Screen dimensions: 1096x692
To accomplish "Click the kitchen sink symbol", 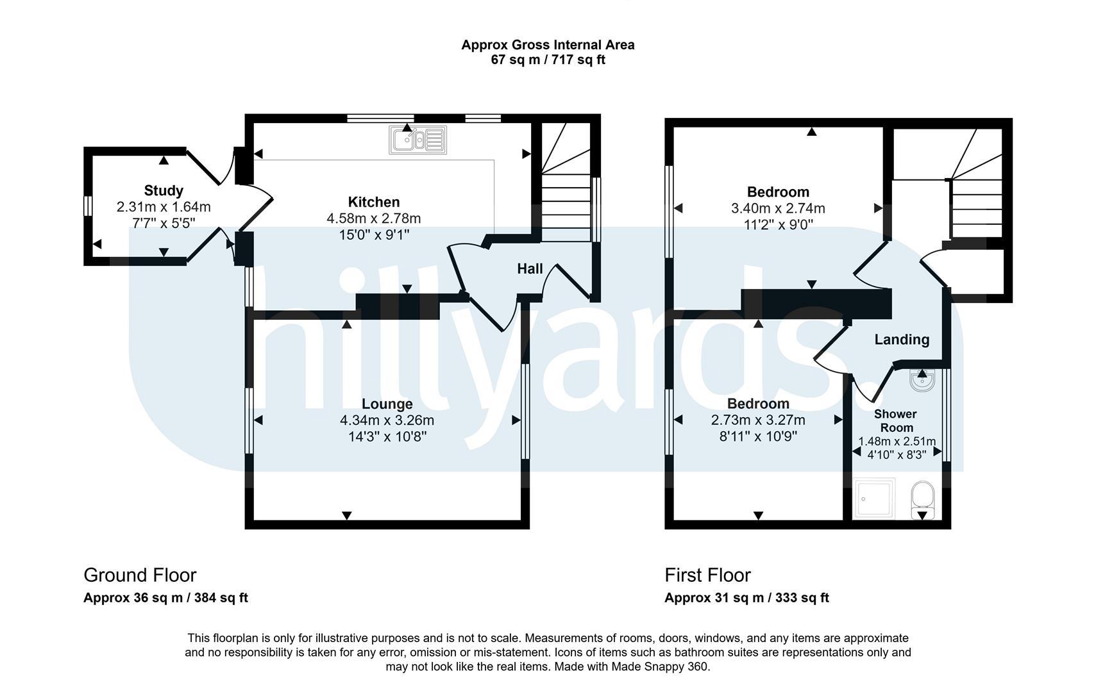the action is [x=417, y=140].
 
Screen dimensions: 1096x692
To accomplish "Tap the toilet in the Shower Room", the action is [x=923, y=499].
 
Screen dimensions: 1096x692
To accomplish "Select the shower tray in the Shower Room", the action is [x=874, y=498].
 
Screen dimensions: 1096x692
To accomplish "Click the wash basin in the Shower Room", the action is [x=922, y=381].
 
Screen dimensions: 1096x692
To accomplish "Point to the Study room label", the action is [x=164, y=190].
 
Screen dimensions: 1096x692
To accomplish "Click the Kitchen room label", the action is [x=374, y=202].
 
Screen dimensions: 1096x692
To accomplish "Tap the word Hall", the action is [x=530, y=268].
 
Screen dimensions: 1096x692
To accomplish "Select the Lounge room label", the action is [x=387, y=404].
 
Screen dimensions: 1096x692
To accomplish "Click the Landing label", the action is [x=902, y=339].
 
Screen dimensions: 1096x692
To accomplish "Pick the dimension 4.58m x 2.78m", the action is [x=374, y=218].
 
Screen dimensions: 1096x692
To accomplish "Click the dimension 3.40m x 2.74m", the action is [x=778, y=208].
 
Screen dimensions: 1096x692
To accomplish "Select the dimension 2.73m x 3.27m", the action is [x=758, y=420].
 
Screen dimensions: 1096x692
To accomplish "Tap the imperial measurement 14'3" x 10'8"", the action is [x=387, y=436].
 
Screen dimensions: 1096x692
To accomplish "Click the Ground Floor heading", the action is [x=140, y=575].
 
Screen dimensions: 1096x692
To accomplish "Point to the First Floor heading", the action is [x=707, y=575].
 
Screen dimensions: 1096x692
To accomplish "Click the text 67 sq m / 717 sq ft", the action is [x=548, y=60].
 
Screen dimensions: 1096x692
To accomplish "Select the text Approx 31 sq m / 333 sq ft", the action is [x=746, y=598].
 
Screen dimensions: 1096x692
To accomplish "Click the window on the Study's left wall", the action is [x=88, y=206].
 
